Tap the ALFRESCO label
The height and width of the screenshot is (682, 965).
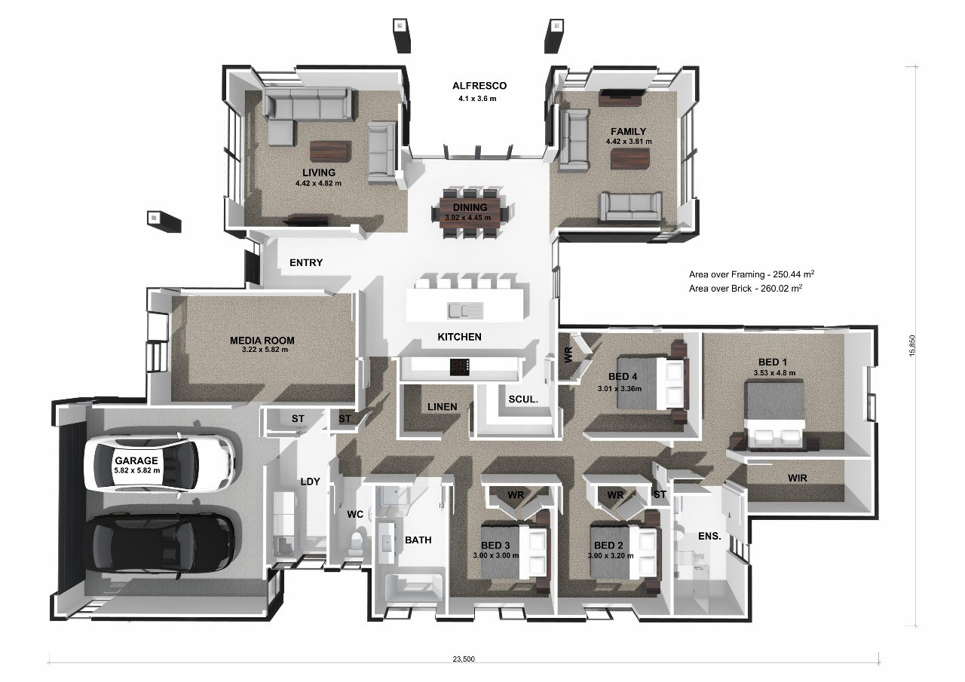[x=473, y=86]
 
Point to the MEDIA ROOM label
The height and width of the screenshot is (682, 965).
[x=262, y=341]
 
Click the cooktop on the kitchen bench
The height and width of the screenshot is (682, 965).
[x=460, y=367]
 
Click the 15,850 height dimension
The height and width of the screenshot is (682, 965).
[x=914, y=346]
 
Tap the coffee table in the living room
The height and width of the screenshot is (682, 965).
[x=329, y=151]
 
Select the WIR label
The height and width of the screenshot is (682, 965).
[x=798, y=478]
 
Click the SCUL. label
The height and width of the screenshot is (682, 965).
[x=522, y=401]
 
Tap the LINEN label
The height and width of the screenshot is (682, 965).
[x=442, y=407]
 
